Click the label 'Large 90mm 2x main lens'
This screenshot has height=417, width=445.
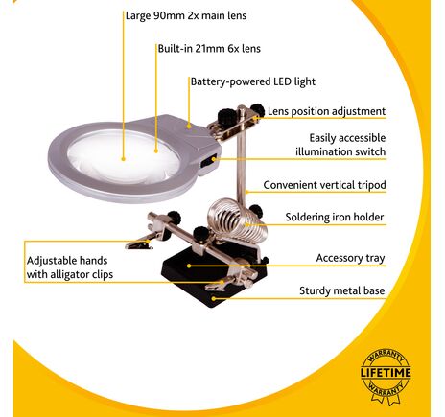186,15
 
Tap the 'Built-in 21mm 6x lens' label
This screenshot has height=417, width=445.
209,49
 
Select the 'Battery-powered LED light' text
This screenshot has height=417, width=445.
253,81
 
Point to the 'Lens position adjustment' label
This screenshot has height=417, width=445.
326,111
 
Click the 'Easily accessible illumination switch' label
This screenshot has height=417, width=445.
340,145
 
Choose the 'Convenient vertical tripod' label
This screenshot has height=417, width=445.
324,185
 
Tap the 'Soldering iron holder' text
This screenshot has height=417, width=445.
335,218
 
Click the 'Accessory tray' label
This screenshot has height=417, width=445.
350,258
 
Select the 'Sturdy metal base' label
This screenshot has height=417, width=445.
341,290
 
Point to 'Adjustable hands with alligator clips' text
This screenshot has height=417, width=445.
70,267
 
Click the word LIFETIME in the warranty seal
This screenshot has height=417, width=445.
386,373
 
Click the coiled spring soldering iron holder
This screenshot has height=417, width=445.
236,220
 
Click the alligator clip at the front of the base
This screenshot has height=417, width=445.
216,285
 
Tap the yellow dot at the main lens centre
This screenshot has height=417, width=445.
123,159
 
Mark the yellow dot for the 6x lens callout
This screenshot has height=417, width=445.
156,151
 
